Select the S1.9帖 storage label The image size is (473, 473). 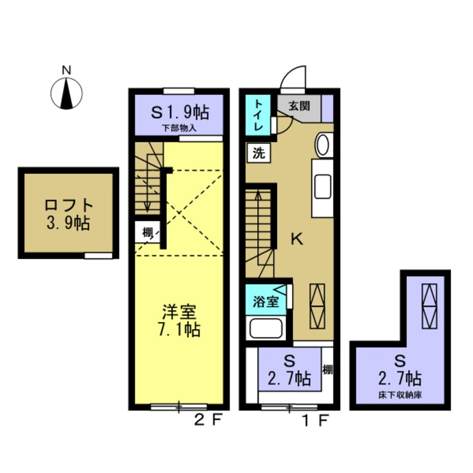pyautogui.click(x=179, y=112)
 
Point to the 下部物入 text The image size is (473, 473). pyautogui.click(x=179, y=128)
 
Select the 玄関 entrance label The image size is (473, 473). pyautogui.click(x=299, y=106)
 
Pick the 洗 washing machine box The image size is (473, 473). pyautogui.click(x=258, y=153)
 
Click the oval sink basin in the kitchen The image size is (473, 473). pyautogui.click(x=323, y=145)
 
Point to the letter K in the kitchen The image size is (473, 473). pyautogui.click(x=297, y=239)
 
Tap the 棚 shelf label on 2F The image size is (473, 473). pyautogui.click(x=147, y=231)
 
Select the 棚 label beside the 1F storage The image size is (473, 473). pyautogui.click(x=327, y=368)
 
